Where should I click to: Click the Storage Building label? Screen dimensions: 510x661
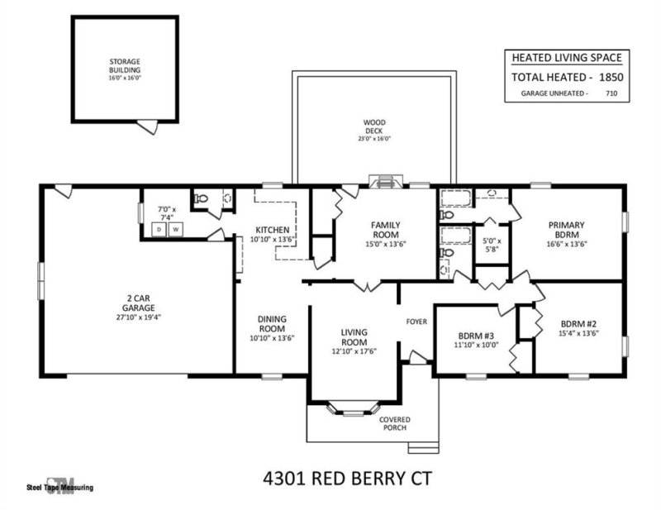click(x=126, y=66)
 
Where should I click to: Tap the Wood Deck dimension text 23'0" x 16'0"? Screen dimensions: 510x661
click(x=373, y=139)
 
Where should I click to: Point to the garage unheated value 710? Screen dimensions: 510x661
click(x=611, y=94)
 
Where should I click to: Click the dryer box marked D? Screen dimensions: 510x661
click(x=159, y=229)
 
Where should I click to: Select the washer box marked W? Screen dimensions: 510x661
click(x=175, y=229)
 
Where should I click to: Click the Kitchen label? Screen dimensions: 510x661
click(x=272, y=229)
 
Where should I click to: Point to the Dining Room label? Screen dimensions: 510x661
click(x=272, y=323)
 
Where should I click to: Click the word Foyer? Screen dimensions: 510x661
click(x=416, y=321)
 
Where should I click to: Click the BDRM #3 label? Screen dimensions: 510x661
click(x=476, y=336)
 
